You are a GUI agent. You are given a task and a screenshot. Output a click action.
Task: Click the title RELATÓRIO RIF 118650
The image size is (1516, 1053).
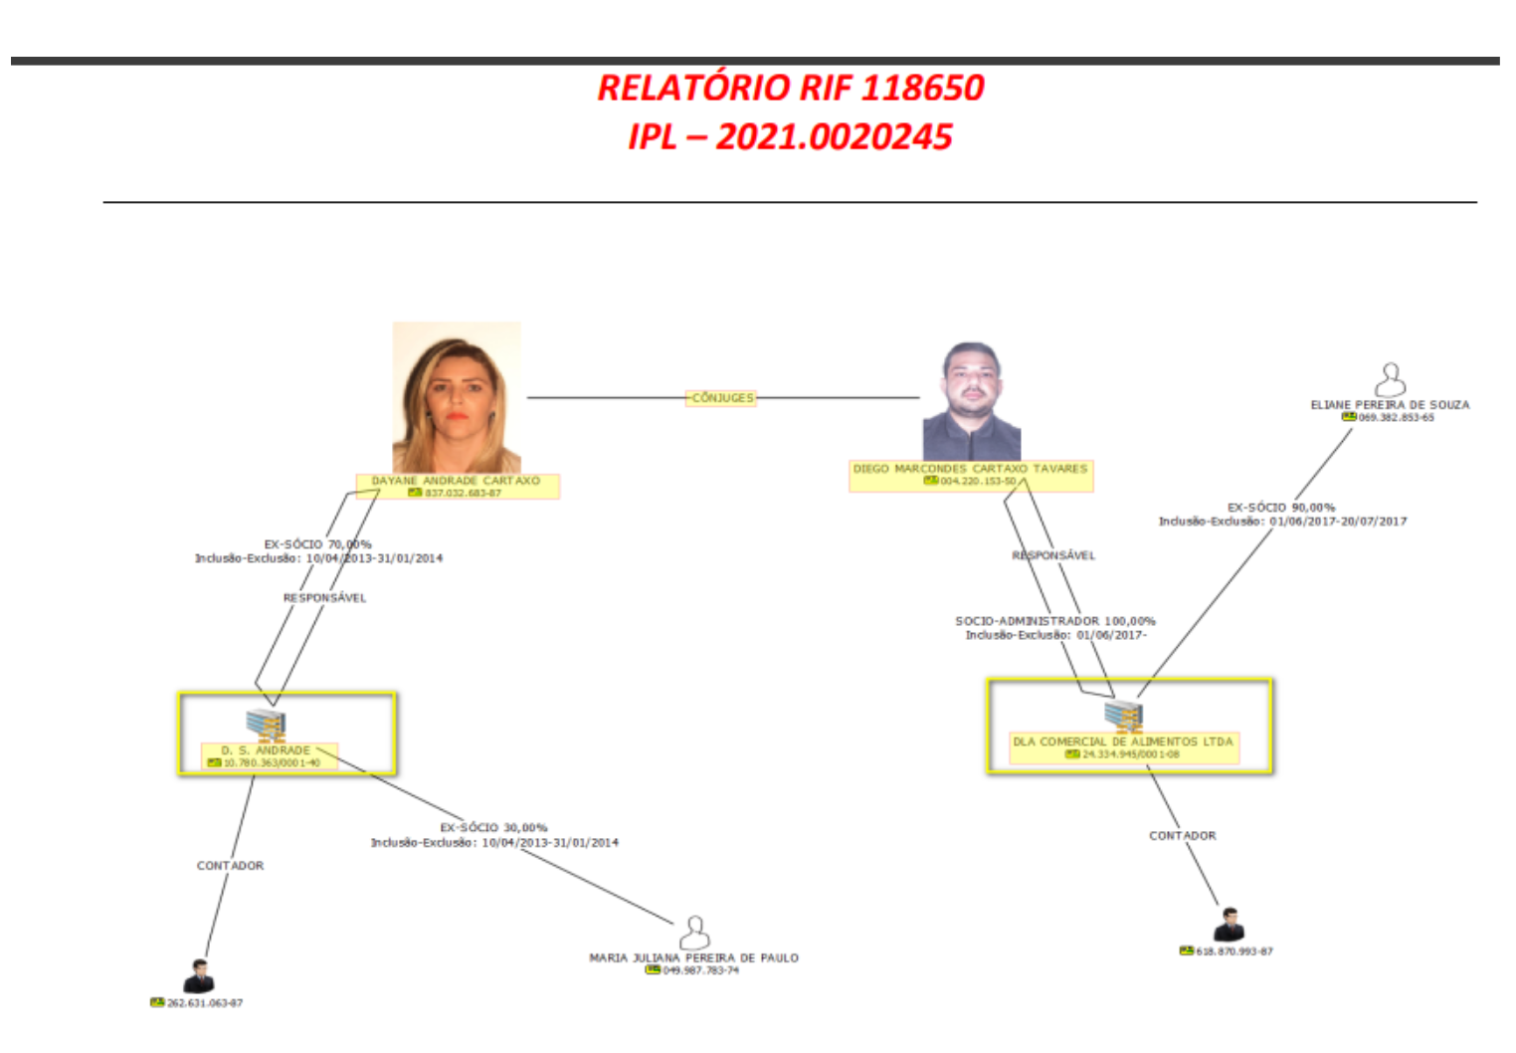(790, 88)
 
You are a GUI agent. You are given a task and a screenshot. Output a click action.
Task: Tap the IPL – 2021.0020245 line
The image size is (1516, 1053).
(790, 136)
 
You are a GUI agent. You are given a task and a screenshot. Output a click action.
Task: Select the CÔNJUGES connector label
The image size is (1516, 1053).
(722, 398)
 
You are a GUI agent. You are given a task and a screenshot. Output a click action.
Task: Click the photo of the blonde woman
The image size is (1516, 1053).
(457, 397)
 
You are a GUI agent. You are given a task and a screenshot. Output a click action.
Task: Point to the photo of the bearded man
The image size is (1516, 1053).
(972, 401)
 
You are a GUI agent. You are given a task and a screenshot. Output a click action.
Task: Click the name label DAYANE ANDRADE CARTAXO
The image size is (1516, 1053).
(456, 481)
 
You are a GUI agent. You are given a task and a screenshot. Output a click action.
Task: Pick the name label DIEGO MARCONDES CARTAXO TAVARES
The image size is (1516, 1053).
(970, 469)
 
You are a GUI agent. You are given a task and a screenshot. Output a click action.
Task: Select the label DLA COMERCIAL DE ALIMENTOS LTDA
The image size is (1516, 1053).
(1122, 741)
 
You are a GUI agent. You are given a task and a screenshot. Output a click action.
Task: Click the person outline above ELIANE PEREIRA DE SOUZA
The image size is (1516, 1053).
(1390, 379)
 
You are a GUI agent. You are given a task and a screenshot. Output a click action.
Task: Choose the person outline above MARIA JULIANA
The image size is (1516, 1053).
(694, 933)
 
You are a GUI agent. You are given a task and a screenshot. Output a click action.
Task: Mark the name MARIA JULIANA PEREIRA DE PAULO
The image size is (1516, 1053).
(693, 957)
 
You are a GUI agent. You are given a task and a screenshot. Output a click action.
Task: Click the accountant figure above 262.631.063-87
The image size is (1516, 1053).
(199, 976)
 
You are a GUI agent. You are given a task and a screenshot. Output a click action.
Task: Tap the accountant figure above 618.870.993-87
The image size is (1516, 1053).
(1230, 925)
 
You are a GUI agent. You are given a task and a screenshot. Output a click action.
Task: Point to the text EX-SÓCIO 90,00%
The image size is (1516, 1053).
(1281, 508)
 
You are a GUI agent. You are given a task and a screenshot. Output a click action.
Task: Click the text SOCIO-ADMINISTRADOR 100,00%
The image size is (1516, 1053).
(1055, 621)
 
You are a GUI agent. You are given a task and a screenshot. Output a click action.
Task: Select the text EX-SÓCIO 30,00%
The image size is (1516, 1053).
(493, 828)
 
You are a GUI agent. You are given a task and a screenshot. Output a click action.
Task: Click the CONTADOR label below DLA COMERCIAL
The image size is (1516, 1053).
(1182, 836)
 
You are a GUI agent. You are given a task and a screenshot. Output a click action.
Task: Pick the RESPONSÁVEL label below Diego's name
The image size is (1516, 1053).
(1053, 555)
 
